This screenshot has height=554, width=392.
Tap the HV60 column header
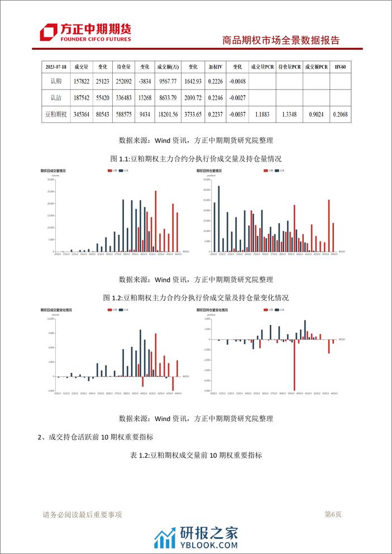(341, 67)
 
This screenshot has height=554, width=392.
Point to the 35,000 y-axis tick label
(206, 180)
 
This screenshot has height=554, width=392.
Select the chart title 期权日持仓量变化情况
(213, 310)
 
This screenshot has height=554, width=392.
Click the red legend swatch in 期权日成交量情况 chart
(109, 170)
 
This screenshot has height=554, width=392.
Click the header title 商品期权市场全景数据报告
(281, 40)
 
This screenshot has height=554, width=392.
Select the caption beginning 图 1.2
(196, 297)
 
